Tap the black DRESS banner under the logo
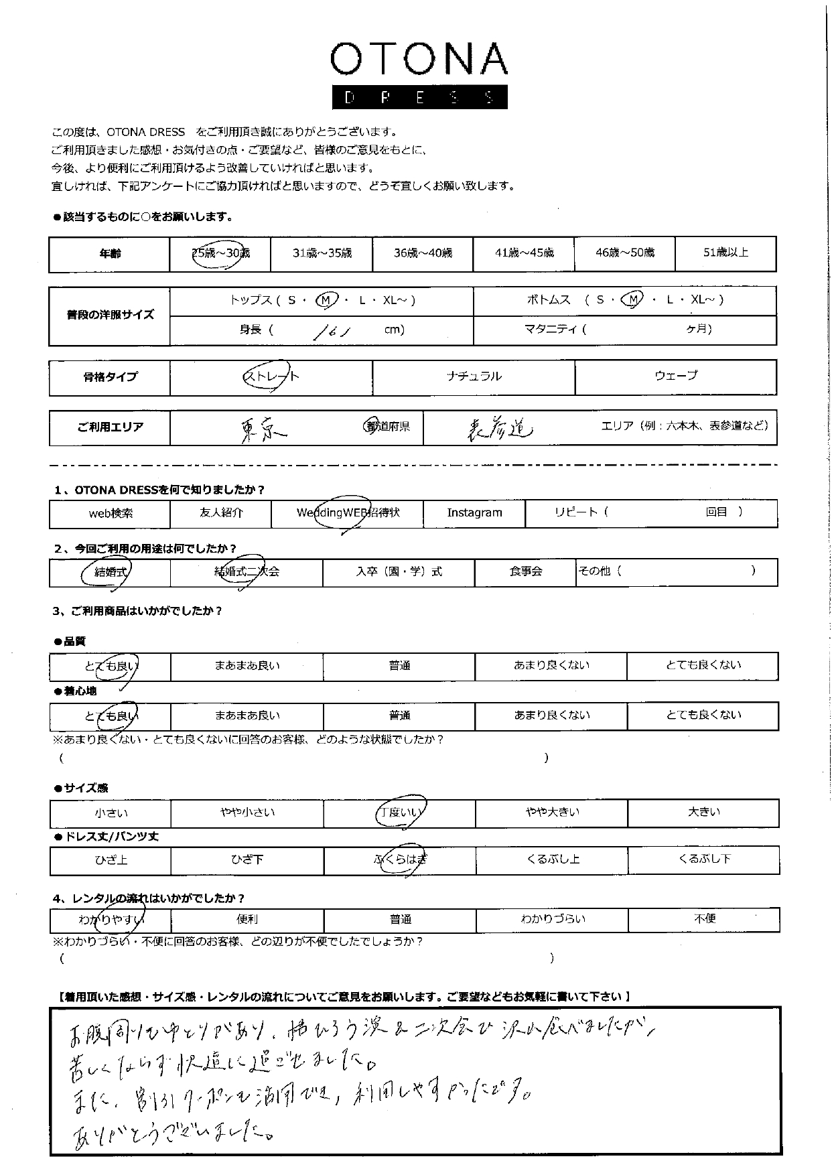[419, 98]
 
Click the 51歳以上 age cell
[725, 253]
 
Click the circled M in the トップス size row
[326, 301]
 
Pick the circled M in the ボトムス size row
[631, 301]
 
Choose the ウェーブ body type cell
[675, 376]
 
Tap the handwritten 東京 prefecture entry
[262, 428]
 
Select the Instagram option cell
[474, 513]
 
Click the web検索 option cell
[111, 514]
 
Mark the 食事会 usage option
[525, 572]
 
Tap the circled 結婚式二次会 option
[247, 572]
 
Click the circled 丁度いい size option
[400, 813]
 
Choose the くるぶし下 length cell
[703, 859]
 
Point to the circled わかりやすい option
[111, 920]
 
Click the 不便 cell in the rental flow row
[704, 919]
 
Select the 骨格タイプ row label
[110, 377]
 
